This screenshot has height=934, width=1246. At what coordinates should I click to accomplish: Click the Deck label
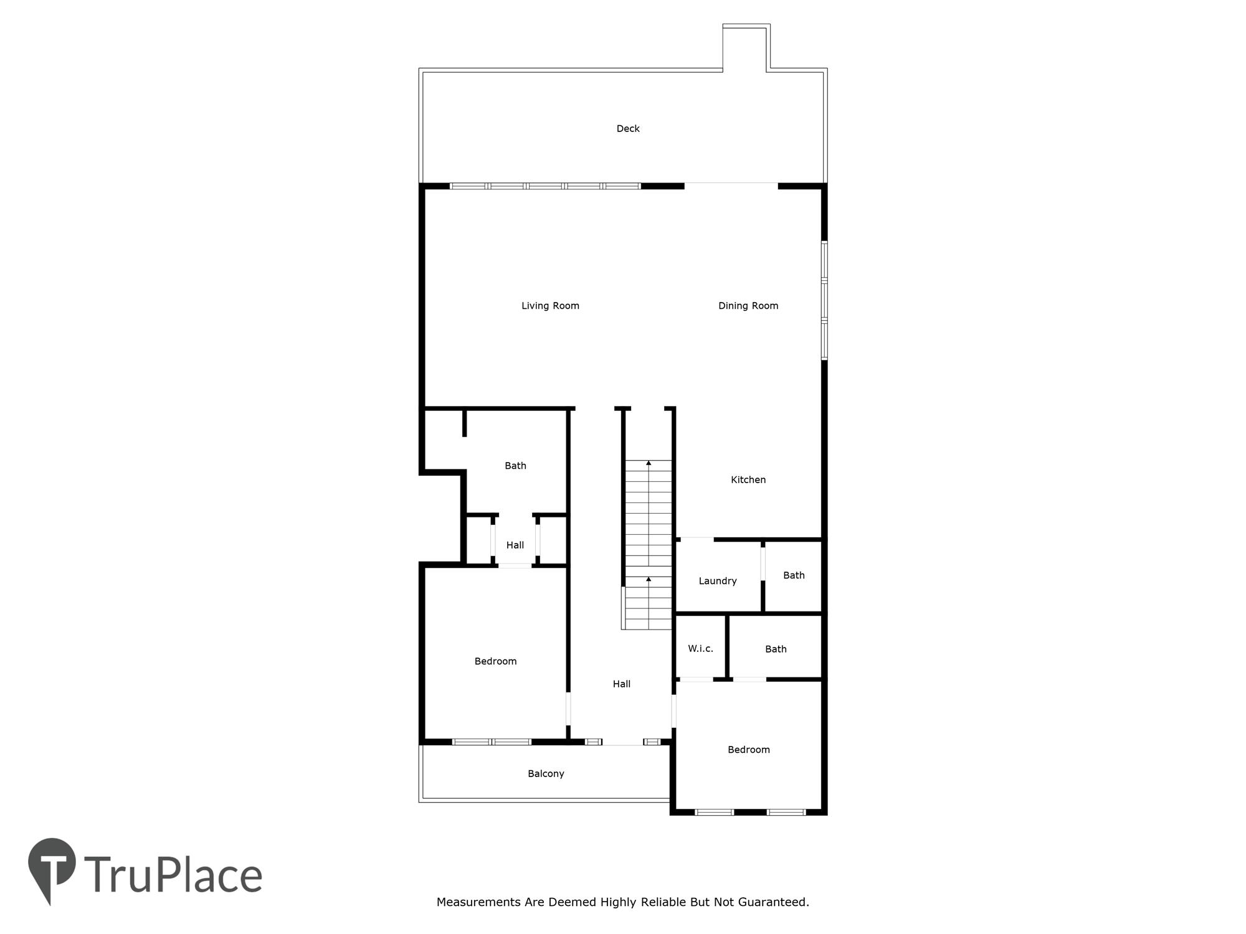click(x=628, y=129)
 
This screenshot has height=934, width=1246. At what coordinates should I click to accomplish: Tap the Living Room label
click(x=550, y=306)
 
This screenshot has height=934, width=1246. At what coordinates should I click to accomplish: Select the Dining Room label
click(x=748, y=306)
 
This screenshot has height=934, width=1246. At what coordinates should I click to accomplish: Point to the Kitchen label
click(x=748, y=479)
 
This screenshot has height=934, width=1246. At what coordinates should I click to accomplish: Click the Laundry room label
click(x=718, y=581)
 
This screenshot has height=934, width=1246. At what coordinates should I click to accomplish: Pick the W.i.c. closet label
click(x=700, y=648)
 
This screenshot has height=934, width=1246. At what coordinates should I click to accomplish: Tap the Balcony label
click(x=546, y=774)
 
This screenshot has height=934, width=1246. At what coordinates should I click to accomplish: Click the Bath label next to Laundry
click(x=794, y=575)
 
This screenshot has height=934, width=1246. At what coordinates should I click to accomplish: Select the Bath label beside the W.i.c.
click(x=776, y=649)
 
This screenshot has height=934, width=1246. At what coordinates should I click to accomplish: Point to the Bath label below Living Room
click(x=515, y=466)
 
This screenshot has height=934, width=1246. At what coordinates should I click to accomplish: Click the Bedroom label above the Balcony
click(x=495, y=661)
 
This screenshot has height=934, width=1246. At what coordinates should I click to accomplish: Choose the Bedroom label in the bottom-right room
click(x=749, y=750)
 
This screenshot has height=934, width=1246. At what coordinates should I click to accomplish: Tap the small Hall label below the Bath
click(x=515, y=545)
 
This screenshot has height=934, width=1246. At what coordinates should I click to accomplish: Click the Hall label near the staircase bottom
click(x=622, y=684)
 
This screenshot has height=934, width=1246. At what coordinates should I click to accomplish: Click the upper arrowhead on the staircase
click(x=649, y=463)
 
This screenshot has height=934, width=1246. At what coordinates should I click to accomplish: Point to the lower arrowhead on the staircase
click(x=649, y=579)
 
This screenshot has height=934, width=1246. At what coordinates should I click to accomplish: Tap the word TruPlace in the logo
click(x=173, y=875)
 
